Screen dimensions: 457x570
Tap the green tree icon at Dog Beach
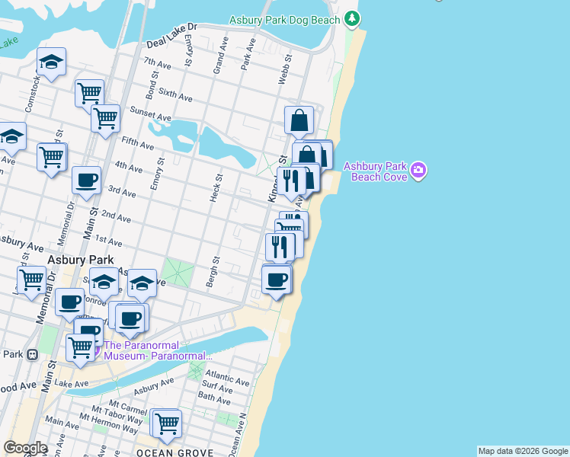click(x=351, y=18)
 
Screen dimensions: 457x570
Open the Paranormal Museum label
click(x=157, y=350)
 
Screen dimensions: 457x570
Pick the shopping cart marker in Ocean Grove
click(x=166, y=423)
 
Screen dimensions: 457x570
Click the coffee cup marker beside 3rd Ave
click(x=86, y=181)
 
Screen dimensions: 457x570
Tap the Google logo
click(x=25, y=447)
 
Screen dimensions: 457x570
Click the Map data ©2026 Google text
click(x=523, y=451)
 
